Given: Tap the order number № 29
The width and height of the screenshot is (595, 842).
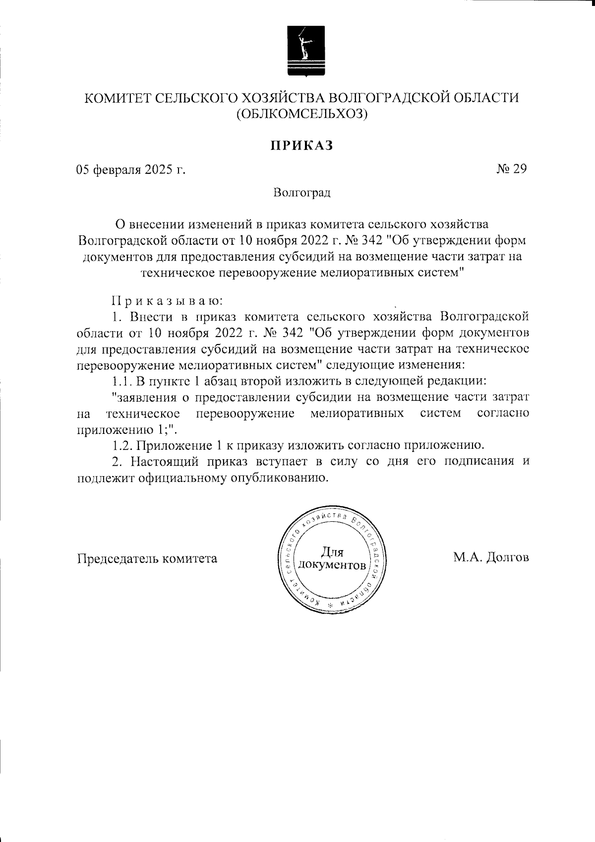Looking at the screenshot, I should [511, 169].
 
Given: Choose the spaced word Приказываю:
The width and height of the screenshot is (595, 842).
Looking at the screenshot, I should [167, 301].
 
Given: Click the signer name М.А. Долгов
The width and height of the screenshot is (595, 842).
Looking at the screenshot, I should [491, 558].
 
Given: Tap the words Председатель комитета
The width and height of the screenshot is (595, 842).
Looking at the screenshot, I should [147, 559].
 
